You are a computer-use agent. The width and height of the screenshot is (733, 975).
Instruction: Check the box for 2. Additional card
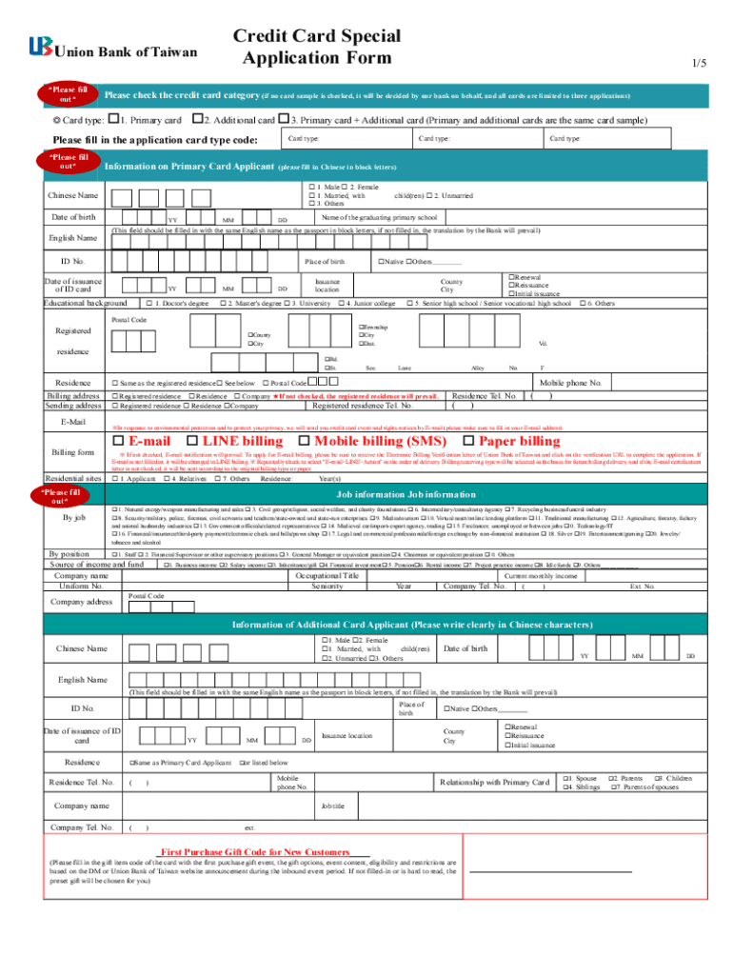[197, 121]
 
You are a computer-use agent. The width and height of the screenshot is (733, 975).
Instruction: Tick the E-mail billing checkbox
[119, 441]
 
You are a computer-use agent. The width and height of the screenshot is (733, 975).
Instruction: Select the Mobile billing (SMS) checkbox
[307, 441]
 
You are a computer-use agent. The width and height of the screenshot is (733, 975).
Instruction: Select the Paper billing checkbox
[468, 441]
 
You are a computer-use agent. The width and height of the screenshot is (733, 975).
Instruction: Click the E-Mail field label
[74, 421]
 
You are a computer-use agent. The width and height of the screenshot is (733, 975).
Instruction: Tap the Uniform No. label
[80, 587]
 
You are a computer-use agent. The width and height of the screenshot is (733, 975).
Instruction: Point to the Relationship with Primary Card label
[494, 783]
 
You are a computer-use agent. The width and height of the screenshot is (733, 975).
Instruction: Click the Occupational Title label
[327, 576]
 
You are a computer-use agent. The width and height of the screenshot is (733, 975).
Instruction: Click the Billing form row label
[74, 451]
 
